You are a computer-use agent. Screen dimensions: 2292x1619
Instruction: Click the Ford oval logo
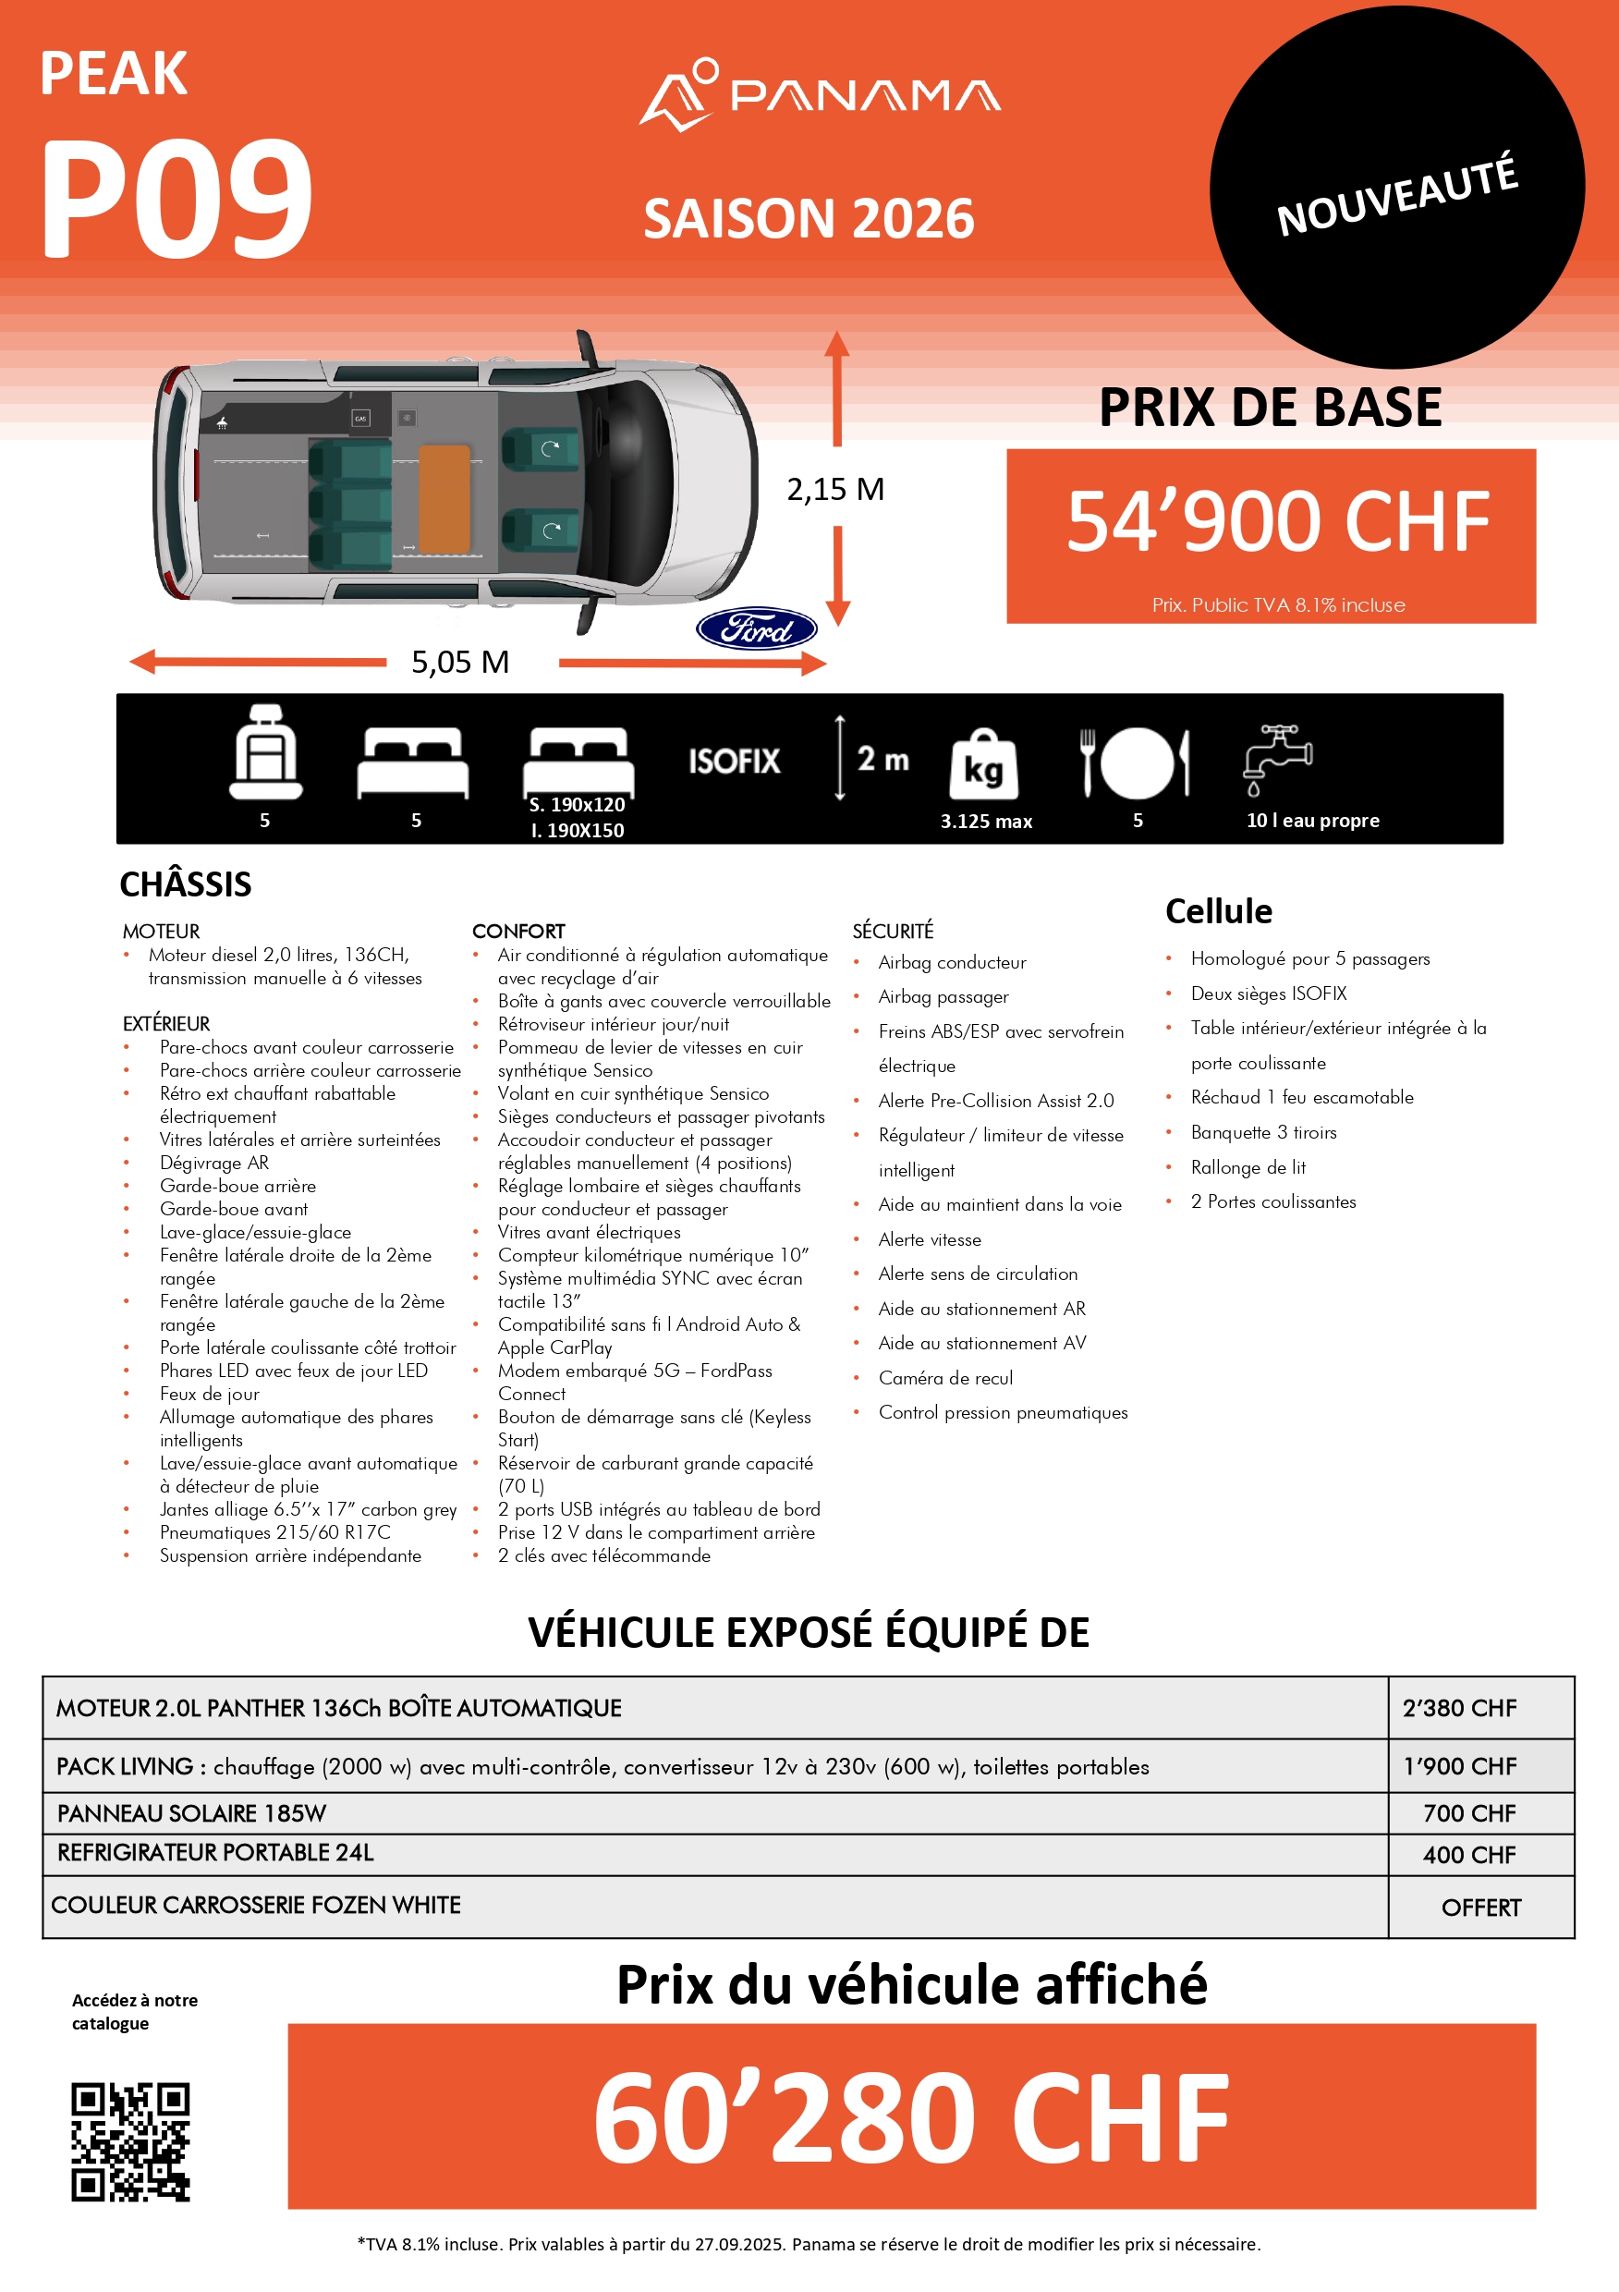[x=756, y=628]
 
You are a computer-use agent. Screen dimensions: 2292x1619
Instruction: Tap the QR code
[x=129, y=2140]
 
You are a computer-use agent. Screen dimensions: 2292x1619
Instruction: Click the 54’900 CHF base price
[x=1277, y=521]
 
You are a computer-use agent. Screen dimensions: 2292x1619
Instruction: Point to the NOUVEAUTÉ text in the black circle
[x=1396, y=195]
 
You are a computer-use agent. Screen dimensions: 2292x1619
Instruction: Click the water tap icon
[x=1277, y=759]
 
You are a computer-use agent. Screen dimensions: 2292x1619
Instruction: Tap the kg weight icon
[x=983, y=764]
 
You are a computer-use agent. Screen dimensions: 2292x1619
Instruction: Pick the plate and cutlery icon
[x=1136, y=762]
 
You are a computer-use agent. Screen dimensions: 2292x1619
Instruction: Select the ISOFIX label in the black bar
[x=734, y=762]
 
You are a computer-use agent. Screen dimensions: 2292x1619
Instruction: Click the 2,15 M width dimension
[x=835, y=489]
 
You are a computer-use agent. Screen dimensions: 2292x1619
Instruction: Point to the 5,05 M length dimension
[x=460, y=662]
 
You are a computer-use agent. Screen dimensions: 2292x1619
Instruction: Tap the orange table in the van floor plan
[x=444, y=498]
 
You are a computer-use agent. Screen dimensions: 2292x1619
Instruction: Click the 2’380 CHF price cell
[x=1458, y=1708]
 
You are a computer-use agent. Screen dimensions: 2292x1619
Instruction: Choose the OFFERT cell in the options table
[x=1480, y=1908]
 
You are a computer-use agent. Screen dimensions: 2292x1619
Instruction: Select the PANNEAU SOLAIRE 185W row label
[x=191, y=1813]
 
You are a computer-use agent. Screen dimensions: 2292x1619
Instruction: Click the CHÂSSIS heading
[x=186, y=884]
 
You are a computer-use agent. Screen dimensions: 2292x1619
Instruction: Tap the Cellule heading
[x=1219, y=911]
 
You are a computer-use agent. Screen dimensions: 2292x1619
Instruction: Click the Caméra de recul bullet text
[x=945, y=1378]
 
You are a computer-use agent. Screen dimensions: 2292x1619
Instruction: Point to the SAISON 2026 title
[x=809, y=219]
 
